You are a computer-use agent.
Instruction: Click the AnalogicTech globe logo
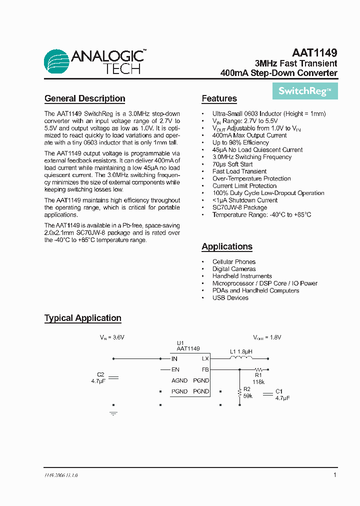pyautogui.click(x=56, y=62)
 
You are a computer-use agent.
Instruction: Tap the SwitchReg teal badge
pyautogui.click(x=305, y=91)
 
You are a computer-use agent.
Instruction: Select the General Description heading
pyautogui.click(x=84, y=98)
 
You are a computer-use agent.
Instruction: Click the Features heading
pyautogui.click(x=219, y=98)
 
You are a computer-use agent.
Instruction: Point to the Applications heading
pyautogui.click(x=226, y=246)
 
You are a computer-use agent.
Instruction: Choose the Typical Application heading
pyautogui.click(x=82, y=318)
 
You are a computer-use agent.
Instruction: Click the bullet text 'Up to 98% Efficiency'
pyautogui.click(x=240, y=142)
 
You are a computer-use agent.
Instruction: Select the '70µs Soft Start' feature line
pyautogui.click(x=232, y=164)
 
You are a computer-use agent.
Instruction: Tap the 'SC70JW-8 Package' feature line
pyautogui.click(x=239, y=207)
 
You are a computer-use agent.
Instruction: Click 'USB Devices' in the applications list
pyautogui.click(x=230, y=298)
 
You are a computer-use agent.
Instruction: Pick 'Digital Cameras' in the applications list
pyautogui.click(x=233, y=269)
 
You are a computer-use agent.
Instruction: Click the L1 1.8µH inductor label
pyautogui.click(x=241, y=351)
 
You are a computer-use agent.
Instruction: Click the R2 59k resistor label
pyautogui.click(x=247, y=392)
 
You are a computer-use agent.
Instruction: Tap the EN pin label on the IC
pyautogui.click(x=175, y=370)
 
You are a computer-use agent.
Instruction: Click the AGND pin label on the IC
pyautogui.click(x=179, y=381)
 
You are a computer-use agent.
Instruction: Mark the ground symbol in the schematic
pyautogui.click(x=113, y=413)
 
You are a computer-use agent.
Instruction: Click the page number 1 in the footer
pyautogui.click(x=334, y=475)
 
